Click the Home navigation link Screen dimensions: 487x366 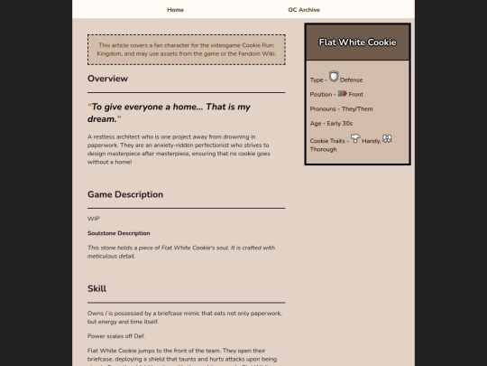click(x=175, y=9)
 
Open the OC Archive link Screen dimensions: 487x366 click(x=304, y=9)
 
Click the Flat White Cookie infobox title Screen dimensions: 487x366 click(x=357, y=42)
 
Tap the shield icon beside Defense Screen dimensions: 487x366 click(x=334, y=78)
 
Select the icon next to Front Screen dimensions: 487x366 click(x=342, y=93)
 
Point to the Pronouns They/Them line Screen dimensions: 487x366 click(x=335, y=108)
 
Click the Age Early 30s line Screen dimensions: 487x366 click(x=331, y=123)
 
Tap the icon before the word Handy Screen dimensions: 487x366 click(x=355, y=139)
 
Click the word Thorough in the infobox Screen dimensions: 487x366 click(x=323, y=149)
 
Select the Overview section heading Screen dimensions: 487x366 click(x=107, y=79)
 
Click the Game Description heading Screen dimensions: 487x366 click(x=125, y=194)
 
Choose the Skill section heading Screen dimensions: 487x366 click(x=96, y=288)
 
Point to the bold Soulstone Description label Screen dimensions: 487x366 click(x=118, y=233)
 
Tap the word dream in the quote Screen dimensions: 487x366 click(x=103, y=118)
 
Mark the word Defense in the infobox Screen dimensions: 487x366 click(x=352, y=80)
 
